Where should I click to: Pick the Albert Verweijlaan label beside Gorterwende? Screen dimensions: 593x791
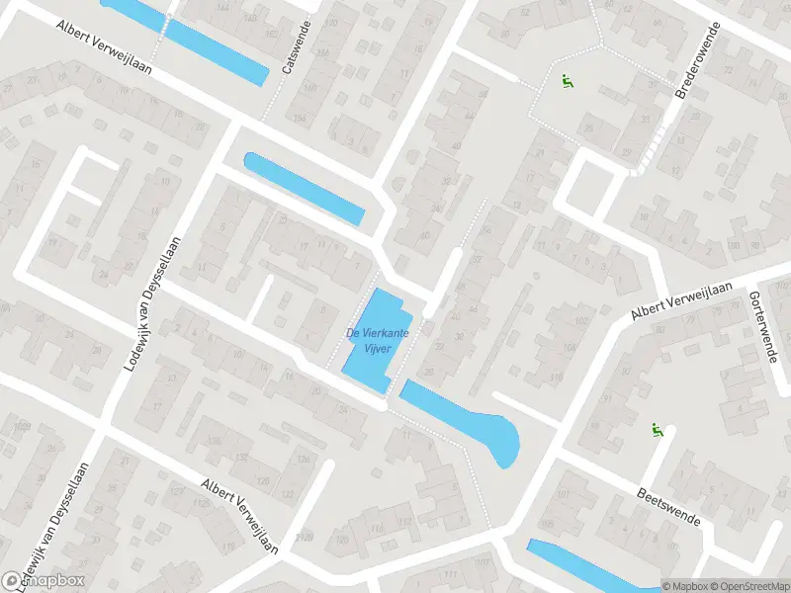(682, 299)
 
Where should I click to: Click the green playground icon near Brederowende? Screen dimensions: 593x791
(568, 83)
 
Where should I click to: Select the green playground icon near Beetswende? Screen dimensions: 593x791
(656, 429)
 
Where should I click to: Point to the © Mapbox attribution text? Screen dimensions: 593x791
(685, 586)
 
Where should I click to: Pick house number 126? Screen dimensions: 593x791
(263, 480)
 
